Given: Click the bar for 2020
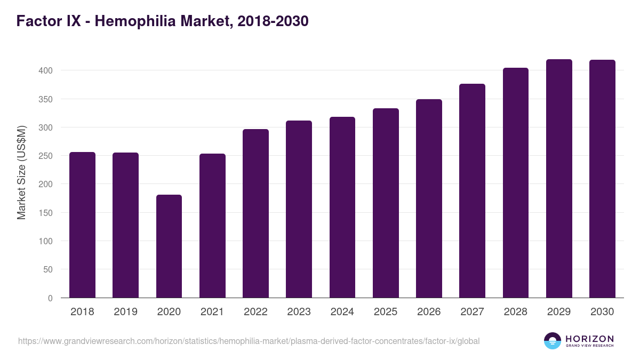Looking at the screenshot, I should pyautogui.click(x=169, y=246).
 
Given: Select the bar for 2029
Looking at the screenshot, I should pyautogui.click(x=559, y=179).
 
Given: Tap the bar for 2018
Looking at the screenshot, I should pyautogui.click(x=82, y=225).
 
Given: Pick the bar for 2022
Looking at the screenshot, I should pyautogui.click(x=255, y=213).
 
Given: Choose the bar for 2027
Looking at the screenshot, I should pyautogui.click(x=472, y=191).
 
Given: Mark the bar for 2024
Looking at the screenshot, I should pyautogui.click(x=342, y=207).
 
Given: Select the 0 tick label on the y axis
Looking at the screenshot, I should pyautogui.click(x=50, y=298).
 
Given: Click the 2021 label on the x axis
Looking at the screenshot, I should pyautogui.click(x=212, y=312).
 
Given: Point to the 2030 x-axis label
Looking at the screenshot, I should pyautogui.click(x=602, y=312).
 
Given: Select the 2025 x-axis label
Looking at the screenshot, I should pyautogui.click(x=385, y=312).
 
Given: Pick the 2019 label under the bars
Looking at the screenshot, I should pyautogui.click(x=125, y=312).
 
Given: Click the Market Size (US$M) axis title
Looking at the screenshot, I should pyautogui.click(x=21, y=172).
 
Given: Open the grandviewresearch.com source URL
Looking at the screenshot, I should pyautogui.click(x=249, y=341).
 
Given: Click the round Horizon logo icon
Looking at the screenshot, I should pyautogui.click(x=552, y=341).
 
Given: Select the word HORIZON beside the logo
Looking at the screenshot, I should pyautogui.click(x=589, y=339).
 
